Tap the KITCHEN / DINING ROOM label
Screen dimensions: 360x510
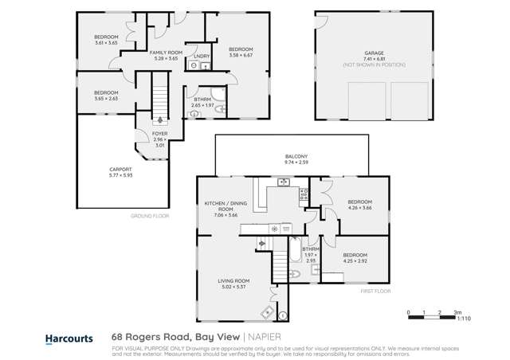coord(220,207)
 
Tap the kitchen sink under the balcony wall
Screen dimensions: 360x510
coord(283,183)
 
